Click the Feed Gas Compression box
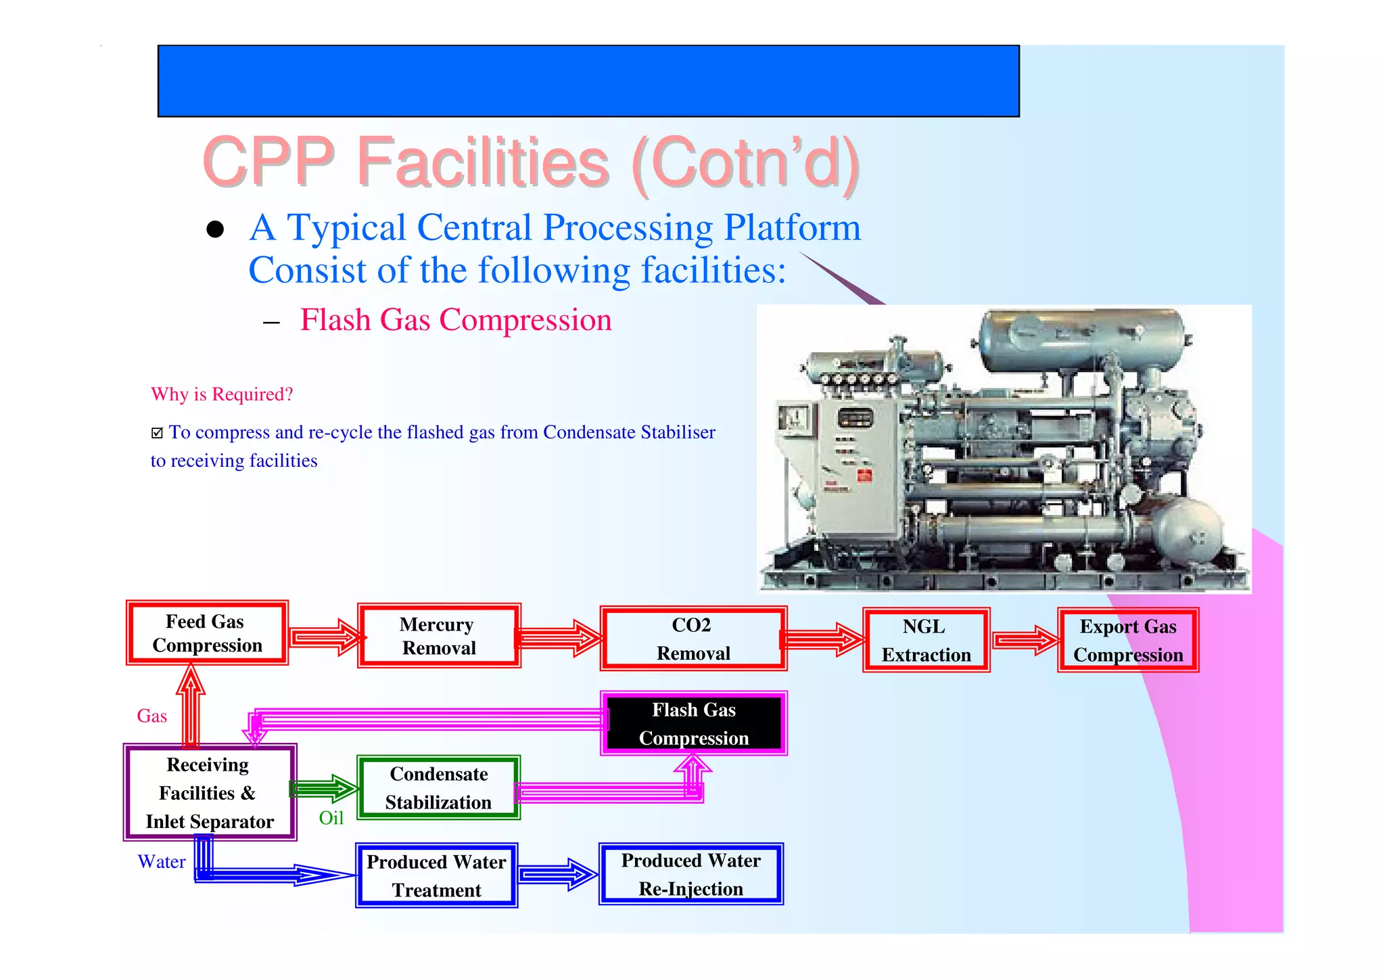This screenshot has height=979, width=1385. (x=207, y=633)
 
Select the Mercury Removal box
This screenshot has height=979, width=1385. (x=439, y=636)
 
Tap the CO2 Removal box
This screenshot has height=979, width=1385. (x=693, y=639)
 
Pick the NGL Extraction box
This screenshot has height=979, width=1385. (x=926, y=640)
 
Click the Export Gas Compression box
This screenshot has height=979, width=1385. (x=1128, y=640)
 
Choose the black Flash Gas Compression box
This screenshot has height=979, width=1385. (x=694, y=723)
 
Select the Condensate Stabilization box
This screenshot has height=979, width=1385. (x=438, y=788)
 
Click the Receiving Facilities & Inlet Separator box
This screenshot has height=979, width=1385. (x=210, y=792)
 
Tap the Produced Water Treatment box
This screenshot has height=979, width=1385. (x=437, y=875)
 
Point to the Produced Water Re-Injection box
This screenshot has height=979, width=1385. (x=690, y=874)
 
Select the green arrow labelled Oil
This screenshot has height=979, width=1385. (x=323, y=789)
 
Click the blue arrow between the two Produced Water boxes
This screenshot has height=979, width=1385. (x=557, y=875)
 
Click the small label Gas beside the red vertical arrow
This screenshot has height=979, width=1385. (x=151, y=716)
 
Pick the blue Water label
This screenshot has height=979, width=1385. (x=161, y=861)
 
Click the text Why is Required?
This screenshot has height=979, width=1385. (x=222, y=394)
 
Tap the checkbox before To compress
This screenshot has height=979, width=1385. (x=157, y=433)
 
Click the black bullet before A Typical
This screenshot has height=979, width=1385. (x=215, y=229)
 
